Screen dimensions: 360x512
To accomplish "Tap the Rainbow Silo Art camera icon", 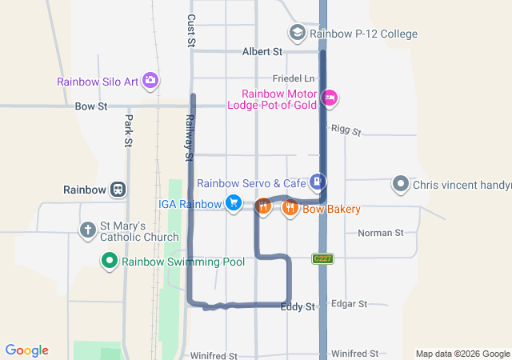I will (x=150, y=81).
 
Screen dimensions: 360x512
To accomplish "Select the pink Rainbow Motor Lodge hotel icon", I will (x=329, y=98).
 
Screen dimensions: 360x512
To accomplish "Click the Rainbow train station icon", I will (x=118, y=190).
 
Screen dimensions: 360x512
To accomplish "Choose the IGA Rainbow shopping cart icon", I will (x=233, y=203).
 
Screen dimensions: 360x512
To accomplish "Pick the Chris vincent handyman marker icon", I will (x=401, y=185).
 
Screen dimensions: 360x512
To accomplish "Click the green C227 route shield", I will (x=322, y=258).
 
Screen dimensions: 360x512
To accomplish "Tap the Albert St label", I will (x=262, y=52).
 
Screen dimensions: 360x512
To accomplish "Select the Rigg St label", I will (x=346, y=130).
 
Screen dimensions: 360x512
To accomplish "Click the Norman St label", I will (x=380, y=233).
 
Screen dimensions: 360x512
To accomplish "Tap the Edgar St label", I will (x=349, y=304).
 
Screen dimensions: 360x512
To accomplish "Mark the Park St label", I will (x=128, y=130).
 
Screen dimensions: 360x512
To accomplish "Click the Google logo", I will (x=27, y=350).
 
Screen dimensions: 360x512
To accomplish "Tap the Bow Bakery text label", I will (x=331, y=209).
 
